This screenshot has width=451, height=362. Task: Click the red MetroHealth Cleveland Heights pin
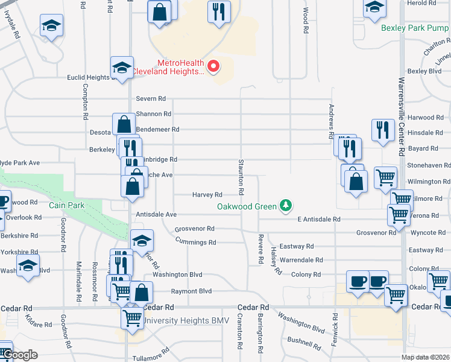click(x=212, y=66)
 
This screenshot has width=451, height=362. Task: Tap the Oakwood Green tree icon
click(x=286, y=206)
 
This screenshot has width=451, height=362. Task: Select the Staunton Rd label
click(x=241, y=176)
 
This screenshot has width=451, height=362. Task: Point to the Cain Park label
click(x=67, y=205)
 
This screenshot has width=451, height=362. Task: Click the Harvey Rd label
click(x=207, y=195)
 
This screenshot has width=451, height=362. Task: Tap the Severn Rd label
click(x=151, y=98)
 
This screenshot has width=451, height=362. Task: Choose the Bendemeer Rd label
click(x=158, y=129)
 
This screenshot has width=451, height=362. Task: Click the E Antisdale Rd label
click(x=319, y=220)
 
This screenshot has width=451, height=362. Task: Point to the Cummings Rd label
click(x=195, y=242)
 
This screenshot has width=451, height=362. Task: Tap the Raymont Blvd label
click(x=192, y=291)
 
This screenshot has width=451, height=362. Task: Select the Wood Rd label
click(x=306, y=21)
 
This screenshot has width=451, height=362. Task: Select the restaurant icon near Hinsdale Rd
click(x=383, y=130)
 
